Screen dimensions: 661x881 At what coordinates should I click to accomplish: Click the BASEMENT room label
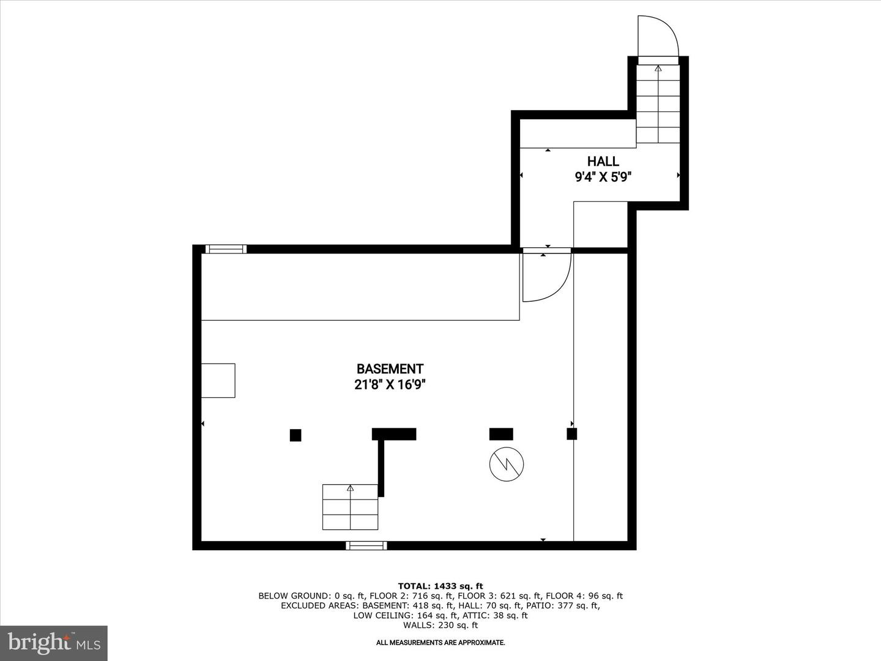[390, 369]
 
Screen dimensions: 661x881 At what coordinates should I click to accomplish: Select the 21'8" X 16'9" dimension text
[390, 385]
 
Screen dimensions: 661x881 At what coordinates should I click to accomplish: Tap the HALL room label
[603, 162]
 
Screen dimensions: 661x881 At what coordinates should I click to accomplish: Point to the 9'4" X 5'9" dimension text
[603, 177]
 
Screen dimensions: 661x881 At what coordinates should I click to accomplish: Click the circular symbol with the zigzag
[507, 464]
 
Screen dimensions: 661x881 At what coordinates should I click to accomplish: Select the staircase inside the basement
[350, 507]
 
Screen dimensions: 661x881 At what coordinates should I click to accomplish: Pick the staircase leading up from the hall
[658, 104]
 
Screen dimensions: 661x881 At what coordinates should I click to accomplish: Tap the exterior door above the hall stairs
[658, 38]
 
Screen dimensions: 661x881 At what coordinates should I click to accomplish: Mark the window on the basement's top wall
[226, 249]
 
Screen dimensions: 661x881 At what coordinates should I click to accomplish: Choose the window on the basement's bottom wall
[366, 545]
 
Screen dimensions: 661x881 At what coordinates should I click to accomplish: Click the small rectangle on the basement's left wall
[218, 381]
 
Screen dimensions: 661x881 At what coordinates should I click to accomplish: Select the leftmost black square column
[296, 435]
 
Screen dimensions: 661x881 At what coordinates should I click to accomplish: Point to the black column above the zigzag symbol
[501, 434]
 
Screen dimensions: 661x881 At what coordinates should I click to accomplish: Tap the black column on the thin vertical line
[571, 434]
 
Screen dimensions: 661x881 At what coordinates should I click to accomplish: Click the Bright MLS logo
[54, 643]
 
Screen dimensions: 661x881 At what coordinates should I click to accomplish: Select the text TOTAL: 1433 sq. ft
[441, 586]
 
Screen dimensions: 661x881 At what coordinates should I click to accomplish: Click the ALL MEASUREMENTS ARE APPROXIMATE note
[441, 643]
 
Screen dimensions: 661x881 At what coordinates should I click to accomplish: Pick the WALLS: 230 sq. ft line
[441, 625]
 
